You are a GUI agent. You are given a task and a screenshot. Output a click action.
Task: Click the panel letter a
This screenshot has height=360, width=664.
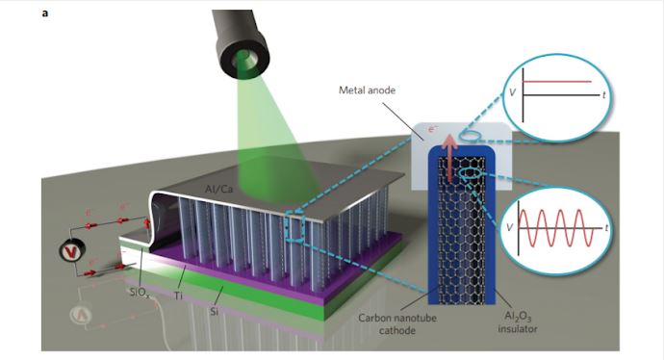click(45, 13)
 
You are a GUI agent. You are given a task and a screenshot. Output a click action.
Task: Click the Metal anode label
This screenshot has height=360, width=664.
click(367, 90)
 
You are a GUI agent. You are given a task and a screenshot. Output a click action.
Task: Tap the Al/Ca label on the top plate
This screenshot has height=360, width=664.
click(218, 189)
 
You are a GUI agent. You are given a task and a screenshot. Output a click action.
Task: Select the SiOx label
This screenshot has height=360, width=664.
click(138, 293)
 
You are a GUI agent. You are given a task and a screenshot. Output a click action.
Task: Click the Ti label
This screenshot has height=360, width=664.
click(178, 296)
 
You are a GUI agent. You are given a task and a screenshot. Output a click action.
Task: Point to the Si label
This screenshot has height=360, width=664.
click(215, 312)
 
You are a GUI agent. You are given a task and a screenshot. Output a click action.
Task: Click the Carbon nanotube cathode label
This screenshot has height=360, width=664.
click(397, 324)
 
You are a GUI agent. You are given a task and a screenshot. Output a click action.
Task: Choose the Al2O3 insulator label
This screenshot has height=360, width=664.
click(518, 322)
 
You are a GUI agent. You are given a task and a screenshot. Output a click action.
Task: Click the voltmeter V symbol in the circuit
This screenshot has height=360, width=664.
click(71, 252)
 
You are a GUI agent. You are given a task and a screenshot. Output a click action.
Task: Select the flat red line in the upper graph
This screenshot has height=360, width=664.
click(557, 81)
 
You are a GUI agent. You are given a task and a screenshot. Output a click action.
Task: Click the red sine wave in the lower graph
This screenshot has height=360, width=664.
click(556, 227)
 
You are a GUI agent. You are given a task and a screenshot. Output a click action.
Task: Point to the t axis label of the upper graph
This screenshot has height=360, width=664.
click(604, 95)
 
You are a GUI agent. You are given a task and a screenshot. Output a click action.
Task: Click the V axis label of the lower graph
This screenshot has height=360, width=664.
click(509, 227)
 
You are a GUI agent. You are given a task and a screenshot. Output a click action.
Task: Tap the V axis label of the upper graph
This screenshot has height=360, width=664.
click(512, 92)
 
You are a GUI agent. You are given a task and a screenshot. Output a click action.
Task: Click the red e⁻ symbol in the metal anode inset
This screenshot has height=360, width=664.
click(432, 128)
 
